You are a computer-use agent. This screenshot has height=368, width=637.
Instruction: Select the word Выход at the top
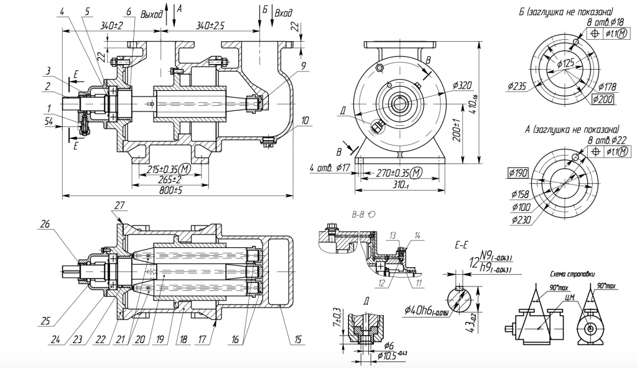coord(152,12)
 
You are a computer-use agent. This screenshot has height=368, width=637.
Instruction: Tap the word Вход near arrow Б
coord(283,12)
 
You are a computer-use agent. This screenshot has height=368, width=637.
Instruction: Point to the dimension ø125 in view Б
coord(565,64)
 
